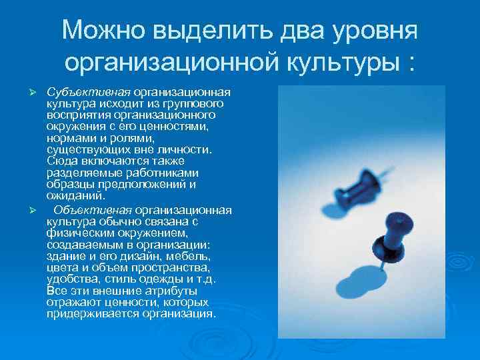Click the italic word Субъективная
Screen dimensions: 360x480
point(89,91)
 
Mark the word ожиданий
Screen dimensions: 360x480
point(75,195)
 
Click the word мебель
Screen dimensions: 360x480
point(190,255)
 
